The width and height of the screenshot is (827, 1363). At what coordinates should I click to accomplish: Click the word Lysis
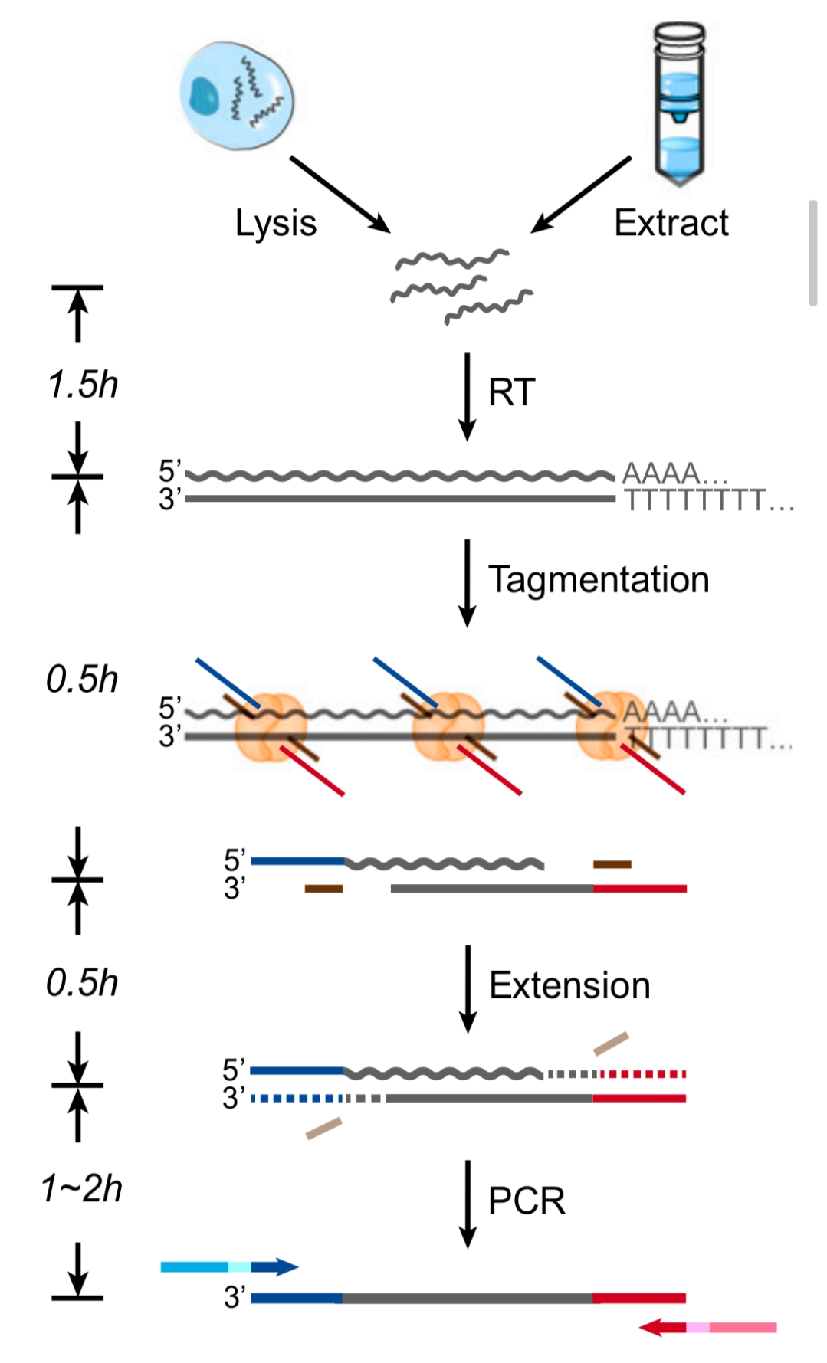275,224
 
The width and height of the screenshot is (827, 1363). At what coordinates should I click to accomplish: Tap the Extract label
671,223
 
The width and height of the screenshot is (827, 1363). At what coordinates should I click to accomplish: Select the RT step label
511,392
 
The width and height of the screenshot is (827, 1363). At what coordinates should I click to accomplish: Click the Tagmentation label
599,580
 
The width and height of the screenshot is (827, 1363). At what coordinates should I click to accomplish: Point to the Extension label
569,985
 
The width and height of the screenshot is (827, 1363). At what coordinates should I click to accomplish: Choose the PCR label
527,1201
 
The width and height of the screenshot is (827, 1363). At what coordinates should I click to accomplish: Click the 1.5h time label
83,384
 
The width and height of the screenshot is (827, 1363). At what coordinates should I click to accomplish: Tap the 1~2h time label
81,1188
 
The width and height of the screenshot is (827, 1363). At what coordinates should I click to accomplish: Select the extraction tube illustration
679,103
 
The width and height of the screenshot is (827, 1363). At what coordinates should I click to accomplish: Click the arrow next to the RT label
467,396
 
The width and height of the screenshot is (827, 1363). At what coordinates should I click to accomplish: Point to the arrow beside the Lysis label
339,194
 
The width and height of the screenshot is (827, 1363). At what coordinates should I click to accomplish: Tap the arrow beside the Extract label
581,194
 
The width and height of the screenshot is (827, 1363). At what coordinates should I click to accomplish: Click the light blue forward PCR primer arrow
228,1266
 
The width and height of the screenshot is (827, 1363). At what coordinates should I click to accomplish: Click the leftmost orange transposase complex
270,726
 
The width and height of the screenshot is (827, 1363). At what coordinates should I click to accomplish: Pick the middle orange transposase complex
448,726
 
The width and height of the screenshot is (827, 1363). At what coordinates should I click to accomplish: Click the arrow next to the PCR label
467,1203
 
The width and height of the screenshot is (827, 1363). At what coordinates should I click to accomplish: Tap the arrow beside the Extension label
467,988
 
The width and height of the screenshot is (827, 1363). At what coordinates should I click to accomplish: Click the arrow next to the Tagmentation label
467,582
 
